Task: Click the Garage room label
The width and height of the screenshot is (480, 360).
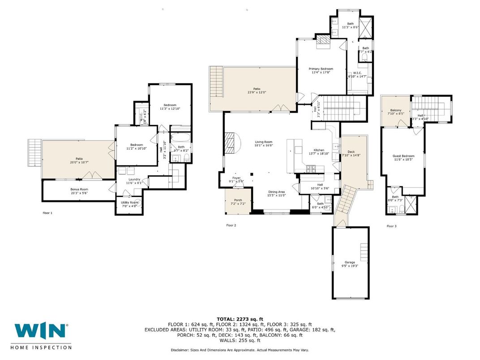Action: coord(350,262)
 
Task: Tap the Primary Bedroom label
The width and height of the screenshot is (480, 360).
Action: coord(321,69)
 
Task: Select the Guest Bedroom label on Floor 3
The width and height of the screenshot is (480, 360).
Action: coord(403,156)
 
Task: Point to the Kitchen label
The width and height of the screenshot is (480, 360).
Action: coord(319,150)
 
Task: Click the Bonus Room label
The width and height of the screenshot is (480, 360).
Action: coord(79,189)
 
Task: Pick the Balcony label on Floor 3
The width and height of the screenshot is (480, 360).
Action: coord(396,110)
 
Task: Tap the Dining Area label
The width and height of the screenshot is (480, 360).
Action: coord(277,191)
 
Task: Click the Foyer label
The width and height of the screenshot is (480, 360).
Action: coord(236,178)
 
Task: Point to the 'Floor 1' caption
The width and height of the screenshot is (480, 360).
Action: coord(47,213)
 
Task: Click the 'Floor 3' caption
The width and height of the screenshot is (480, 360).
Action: coord(392,226)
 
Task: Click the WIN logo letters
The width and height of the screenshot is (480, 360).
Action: coord(40,331)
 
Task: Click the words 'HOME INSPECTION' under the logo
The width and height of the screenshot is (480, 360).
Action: coord(43,347)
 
